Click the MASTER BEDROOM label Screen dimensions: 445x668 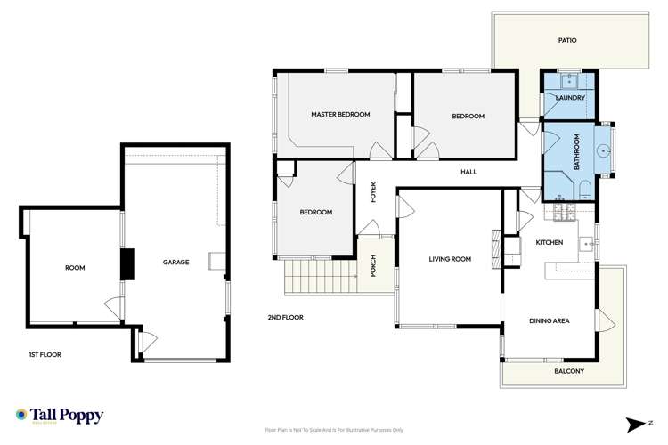(x=340, y=115)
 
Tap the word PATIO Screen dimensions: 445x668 (x=568, y=41)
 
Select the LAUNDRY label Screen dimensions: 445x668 (x=569, y=98)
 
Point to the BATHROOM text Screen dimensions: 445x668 (x=577, y=153)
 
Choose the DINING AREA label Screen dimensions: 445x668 (x=549, y=320)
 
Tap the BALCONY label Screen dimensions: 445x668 (x=569, y=371)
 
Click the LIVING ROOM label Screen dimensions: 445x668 (x=450, y=260)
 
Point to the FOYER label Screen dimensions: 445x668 (x=374, y=191)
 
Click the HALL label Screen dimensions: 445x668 (x=468, y=172)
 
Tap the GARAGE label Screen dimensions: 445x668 (x=175, y=263)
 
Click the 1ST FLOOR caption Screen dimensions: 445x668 (x=45, y=354)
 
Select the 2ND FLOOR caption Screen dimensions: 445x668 (x=285, y=317)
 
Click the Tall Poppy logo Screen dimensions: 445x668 (x=60, y=416)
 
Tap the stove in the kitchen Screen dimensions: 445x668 (x=562, y=213)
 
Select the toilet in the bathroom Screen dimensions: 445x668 (x=582, y=189)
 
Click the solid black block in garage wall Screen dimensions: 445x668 (x=128, y=263)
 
